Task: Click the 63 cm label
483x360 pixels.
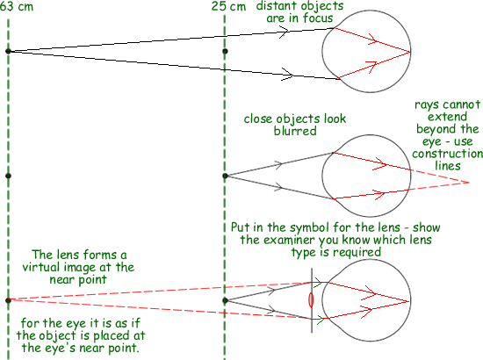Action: point(17,6)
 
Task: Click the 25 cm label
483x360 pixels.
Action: point(229,6)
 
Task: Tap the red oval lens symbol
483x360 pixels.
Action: point(311,300)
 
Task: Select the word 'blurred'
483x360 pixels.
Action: point(295,131)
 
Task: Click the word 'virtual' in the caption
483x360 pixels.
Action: point(38,267)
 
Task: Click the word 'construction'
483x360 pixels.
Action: point(448,154)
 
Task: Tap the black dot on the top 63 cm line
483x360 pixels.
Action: point(8,51)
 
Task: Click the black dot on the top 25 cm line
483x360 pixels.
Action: point(225,51)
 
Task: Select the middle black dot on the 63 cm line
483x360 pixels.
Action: point(8,176)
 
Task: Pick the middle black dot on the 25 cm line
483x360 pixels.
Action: point(225,176)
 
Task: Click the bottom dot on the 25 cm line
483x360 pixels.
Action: point(225,300)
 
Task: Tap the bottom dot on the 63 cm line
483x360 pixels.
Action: point(8,300)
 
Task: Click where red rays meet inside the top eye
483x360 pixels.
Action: point(410,52)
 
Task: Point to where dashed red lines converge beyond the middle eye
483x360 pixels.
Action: point(469,183)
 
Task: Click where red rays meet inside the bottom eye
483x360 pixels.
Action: point(410,301)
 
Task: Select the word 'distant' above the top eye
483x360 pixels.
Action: point(275,6)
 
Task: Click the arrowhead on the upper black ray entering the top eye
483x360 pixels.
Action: point(284,32)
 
